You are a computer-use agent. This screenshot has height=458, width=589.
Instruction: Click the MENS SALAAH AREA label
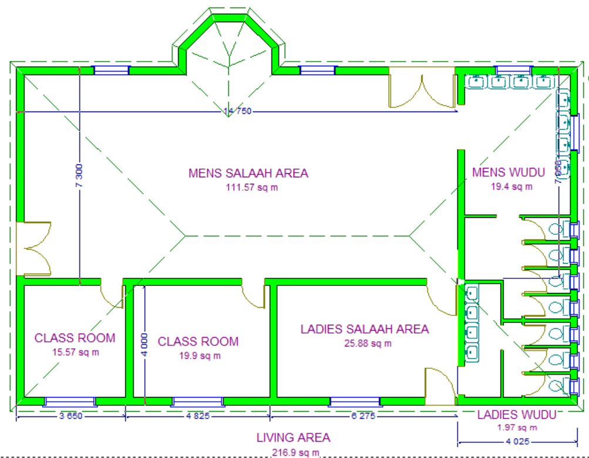(248, 173)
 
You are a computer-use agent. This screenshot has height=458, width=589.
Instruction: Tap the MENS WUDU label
(509, 173)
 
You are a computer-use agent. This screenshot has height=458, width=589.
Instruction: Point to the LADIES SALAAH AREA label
(365, 329)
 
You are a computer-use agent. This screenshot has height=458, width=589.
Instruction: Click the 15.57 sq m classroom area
(75, 352)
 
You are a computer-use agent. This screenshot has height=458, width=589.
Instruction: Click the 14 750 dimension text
(237, 111)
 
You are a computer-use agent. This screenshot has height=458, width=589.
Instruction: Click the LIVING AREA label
(293, 437)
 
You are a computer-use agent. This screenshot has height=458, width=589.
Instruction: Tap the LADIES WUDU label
(516, 415)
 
